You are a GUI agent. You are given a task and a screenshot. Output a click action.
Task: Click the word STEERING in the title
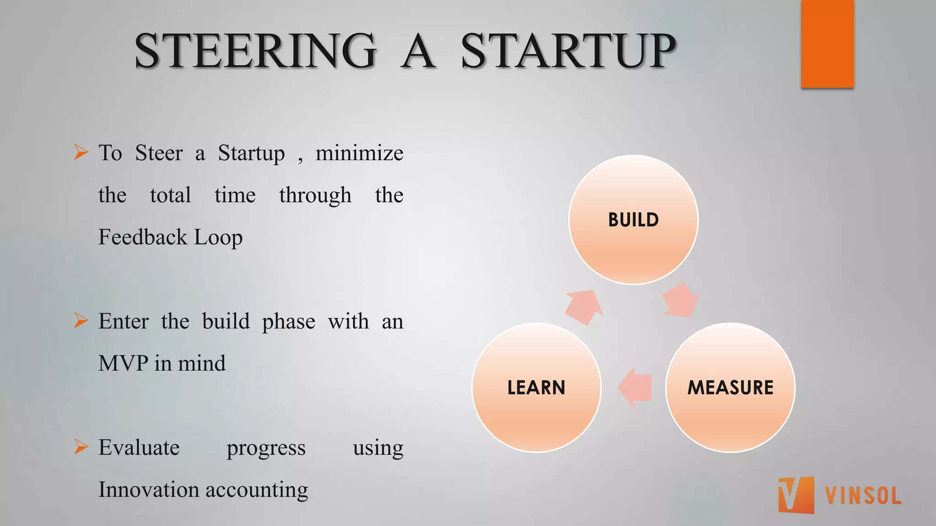pyautogui.click(x=256, y=51)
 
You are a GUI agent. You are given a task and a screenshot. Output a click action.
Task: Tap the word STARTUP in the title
pyautogui.click(x=568, y=51)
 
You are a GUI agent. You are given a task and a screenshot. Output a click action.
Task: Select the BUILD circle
pyautogui.click(x=633, y=220)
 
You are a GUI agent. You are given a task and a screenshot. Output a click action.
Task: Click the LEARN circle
pyautogui.click(x=537, y=388)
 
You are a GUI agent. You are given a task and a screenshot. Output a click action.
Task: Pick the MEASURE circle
pyautogui.click(x=730, y=388)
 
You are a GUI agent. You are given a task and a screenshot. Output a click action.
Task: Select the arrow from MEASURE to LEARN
pyautogui.click(x=635, y=387)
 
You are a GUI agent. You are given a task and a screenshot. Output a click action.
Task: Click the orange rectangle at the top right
pyautogui.click(x=827, y=43)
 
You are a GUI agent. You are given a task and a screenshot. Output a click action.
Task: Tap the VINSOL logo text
pyautogui.click(x=863, y=496)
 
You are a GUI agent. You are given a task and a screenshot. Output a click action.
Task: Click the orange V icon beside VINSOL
pyautogui.click(x=796, y=495)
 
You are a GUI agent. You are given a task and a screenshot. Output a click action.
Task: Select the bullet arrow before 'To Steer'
pyautogui.click(x=80, y=152)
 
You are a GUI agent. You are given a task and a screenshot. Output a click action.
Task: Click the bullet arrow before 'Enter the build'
pyautogui.click(x=80, y=321)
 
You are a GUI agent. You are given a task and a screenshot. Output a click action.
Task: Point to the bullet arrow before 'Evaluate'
pyautogui.click(x=80, y=447)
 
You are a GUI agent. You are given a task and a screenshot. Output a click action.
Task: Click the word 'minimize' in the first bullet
pyautogui.click(x=359, y=153)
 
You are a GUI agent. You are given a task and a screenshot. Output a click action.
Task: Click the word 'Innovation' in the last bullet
pyautogui.click(x=149, y=490)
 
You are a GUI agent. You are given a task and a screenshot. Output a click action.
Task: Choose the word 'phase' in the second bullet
pyautogui.click(x=288, y=322)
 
